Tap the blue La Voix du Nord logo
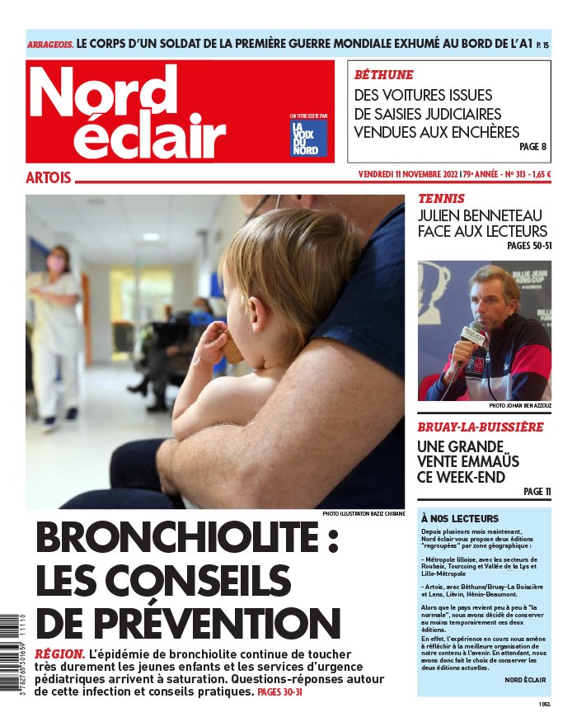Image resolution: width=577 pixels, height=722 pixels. (x=308, y=138)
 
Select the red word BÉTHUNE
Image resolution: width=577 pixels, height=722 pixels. (x=383, y=74)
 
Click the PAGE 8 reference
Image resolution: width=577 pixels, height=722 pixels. (x=532, y=147)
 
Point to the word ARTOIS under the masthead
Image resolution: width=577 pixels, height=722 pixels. (x=49, y=177)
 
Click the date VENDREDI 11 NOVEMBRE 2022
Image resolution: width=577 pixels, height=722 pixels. (x=407, y=174)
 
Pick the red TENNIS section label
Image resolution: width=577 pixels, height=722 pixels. (x=441, y=199)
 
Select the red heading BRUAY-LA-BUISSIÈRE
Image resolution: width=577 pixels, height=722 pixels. (x=480, y=427)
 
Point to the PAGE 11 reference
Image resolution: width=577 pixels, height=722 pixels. (x=537, y=492)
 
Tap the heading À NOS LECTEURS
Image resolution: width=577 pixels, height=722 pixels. (x=459, y=518)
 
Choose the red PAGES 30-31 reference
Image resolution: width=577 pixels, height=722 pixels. (x=280, y=692)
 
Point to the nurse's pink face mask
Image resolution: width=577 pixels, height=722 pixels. (x=56, y=264)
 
